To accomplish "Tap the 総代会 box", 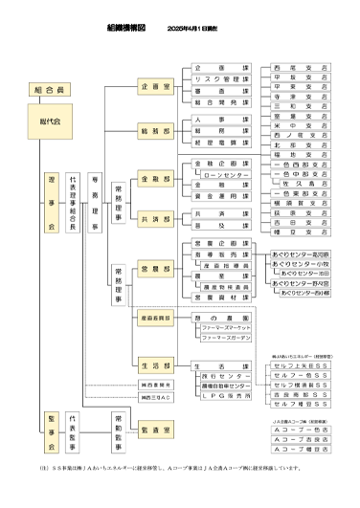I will click(x=49, y=122).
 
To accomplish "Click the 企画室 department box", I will click(x=155, y=86).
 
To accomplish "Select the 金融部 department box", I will click(x=155, y=178).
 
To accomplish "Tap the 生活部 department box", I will click(x=155, y=364).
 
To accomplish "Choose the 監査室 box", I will click(x=155, y=432).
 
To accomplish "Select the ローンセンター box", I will click(x=221, y=177).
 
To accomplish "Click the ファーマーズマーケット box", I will click(x=226, y=328).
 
